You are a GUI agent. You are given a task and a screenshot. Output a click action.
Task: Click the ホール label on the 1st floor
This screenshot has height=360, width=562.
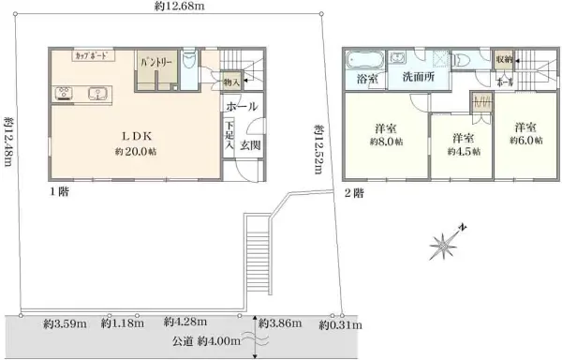[x=243, y=107]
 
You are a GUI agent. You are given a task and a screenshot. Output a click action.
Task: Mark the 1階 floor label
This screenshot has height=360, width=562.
[x=60, y=192]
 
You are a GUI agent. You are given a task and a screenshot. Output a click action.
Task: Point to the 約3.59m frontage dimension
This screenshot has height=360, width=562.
[x=64, y=324]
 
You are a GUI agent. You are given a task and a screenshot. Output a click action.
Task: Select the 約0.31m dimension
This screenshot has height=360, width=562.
[x=335, y=325]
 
